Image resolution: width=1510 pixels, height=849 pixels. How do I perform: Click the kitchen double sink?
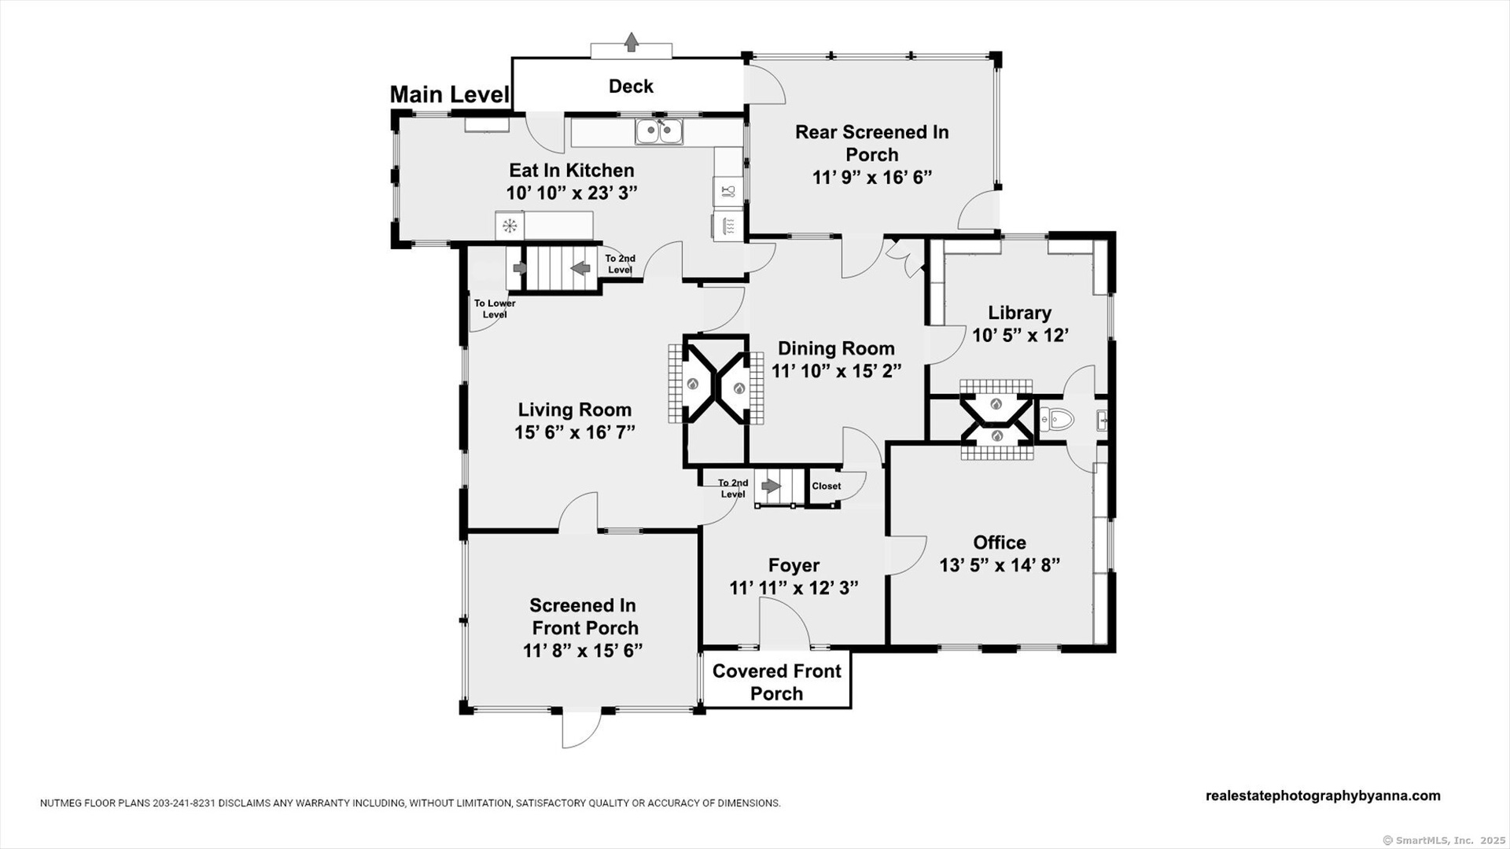click(x=659, y=131)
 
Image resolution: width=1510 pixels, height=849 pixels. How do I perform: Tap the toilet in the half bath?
click(x=1058, y=419)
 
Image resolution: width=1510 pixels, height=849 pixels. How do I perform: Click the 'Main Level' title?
click(x=450, y=95)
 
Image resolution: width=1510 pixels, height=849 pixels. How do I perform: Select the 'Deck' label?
click(x=631, y=86)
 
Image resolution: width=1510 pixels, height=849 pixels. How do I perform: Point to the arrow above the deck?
click(x=631, y=42)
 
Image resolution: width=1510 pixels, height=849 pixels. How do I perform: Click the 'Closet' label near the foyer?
click(x=826, y=486)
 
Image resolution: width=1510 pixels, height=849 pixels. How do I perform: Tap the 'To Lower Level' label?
click(x=495, y=309)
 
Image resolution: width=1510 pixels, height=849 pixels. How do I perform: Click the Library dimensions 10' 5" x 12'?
click(x=1020, y=336)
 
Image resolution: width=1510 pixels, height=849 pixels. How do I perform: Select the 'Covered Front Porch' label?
click(x=776, y=682)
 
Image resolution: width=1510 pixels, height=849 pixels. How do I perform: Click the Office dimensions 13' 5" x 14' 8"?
click(x=1000, y=565)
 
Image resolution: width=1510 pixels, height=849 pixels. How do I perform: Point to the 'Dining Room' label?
click(x=836, y=348)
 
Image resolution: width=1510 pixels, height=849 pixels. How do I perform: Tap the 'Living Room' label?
click(x=575, y=410)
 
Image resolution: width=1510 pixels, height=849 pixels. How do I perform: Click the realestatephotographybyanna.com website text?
click(x=1323, y=796)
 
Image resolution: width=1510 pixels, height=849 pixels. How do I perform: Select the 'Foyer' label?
click(x=794, y=565)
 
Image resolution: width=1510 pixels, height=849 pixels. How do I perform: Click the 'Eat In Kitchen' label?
click(x=572, y=171)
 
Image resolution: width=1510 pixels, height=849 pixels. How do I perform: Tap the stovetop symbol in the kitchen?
click(x=510, y=226)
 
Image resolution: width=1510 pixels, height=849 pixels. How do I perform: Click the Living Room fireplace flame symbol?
click(x=693, y=384)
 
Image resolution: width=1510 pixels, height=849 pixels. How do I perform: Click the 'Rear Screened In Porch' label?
click(x=871, y=143)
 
